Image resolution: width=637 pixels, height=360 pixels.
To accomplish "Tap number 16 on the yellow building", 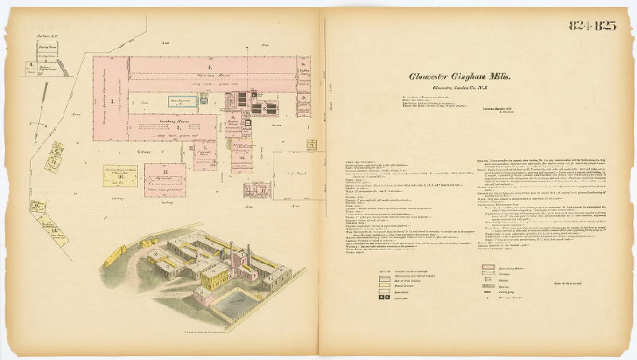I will tap(37, 206).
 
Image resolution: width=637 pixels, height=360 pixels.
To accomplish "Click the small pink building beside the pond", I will tap(205, 297).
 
